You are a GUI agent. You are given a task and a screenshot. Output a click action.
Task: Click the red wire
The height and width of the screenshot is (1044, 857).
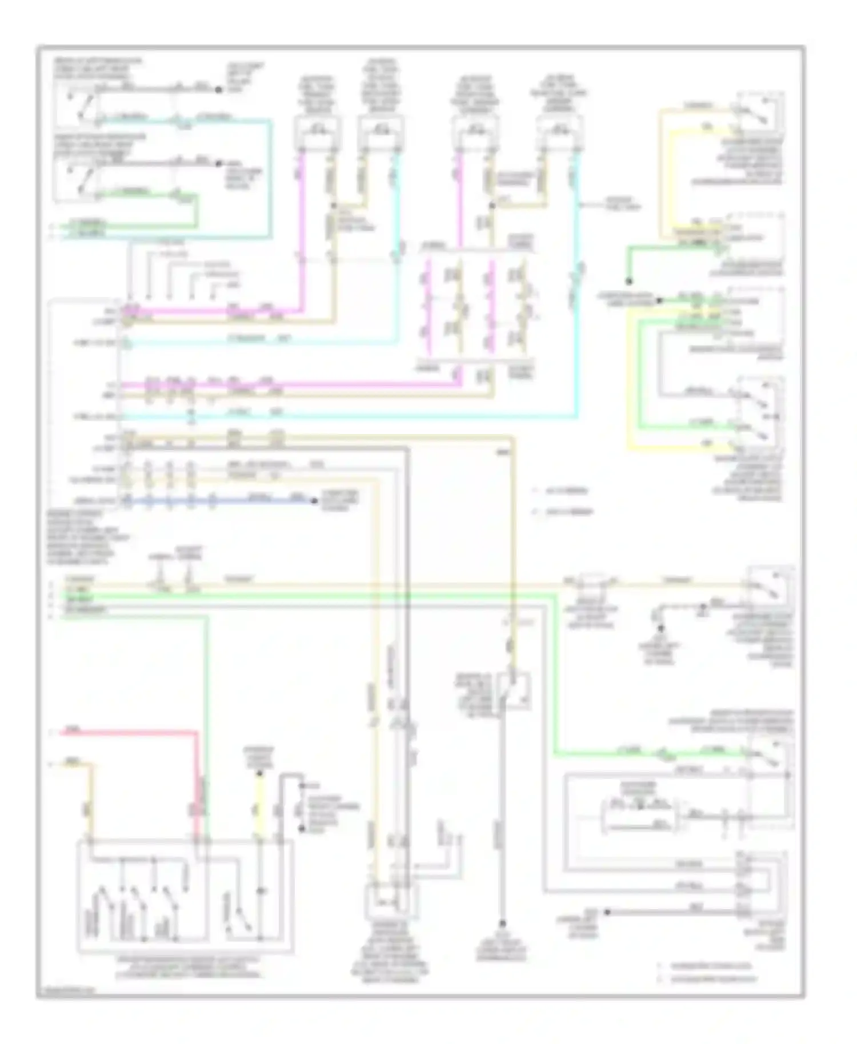[131, 732]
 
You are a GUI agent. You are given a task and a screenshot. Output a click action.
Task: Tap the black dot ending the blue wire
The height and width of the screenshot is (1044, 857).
[314, 501]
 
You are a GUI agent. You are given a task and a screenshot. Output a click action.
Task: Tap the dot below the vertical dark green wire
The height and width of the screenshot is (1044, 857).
[628, 281]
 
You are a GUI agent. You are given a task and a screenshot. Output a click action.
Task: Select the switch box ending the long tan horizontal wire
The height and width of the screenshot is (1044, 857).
[768, 585]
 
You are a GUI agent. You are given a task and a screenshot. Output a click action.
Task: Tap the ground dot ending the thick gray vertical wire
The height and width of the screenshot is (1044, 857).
[503, 923]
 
